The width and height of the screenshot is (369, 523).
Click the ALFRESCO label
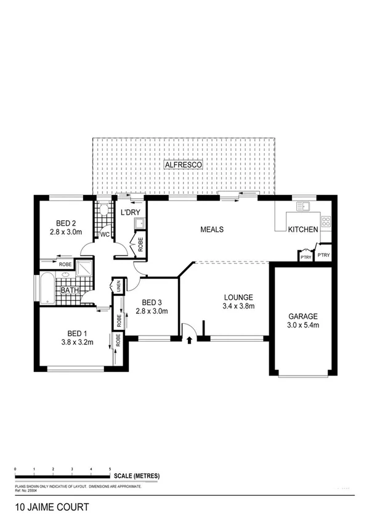tap(184, 165)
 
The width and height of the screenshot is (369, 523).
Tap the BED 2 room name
tap(65, 223)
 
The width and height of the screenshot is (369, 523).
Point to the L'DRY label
tap(130, 213)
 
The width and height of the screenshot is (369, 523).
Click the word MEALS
tap(211, 229)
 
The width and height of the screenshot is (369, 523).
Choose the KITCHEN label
tap(303, 229)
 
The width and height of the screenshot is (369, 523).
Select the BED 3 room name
tap(152, 302)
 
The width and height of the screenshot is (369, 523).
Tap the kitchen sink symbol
tap(302, 207)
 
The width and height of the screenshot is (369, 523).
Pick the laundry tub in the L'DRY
tap(140, 223)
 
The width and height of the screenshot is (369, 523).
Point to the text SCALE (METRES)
tap(136, 476)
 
